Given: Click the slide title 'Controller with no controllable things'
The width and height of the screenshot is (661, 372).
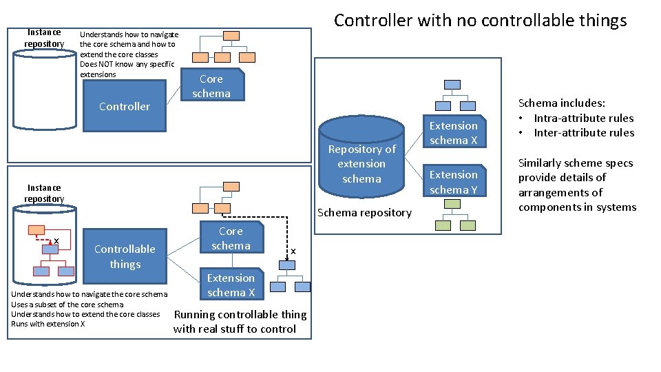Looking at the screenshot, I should [x=480, y=21].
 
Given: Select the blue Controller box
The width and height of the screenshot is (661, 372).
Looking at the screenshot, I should [x=124, y=106].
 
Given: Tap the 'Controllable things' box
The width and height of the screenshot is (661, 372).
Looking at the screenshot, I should [x=125, y=256].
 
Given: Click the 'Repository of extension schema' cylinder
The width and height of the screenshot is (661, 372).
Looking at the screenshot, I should [x=361, y=163].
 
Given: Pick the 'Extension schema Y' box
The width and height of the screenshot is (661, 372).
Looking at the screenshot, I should [x=453, y=182].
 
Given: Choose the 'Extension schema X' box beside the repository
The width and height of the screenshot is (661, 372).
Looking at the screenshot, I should [x=453, y=133].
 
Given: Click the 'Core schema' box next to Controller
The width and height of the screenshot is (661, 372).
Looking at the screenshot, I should [x=211, y=86].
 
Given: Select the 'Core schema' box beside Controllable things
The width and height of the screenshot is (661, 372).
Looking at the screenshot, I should [x=231, y=238].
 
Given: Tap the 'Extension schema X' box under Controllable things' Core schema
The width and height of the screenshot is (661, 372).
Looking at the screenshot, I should [x=231, y=285].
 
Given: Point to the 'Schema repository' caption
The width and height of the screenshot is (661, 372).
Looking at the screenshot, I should [x=364, y=212].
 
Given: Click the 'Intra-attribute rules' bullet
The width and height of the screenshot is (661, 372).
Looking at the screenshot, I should [x=583, y=118].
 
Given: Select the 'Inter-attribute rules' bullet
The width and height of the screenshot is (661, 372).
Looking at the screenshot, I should [x=583, y=132].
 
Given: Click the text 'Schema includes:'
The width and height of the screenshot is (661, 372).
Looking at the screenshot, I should [x=561, y=103].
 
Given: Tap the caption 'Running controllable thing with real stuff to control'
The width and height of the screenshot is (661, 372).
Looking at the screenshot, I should [x=240, y=322].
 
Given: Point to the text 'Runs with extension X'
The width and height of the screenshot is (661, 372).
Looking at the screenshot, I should [x=48, y=324].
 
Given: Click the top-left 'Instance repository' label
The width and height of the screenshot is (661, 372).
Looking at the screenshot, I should [x=44, y=38].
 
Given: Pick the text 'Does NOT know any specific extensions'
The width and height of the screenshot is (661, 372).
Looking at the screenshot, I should [x=127, y=69].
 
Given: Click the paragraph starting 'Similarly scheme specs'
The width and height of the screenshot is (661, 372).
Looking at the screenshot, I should [x=577, y=185].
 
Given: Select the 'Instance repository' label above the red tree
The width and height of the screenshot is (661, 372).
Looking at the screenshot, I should [x=44, y=193].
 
